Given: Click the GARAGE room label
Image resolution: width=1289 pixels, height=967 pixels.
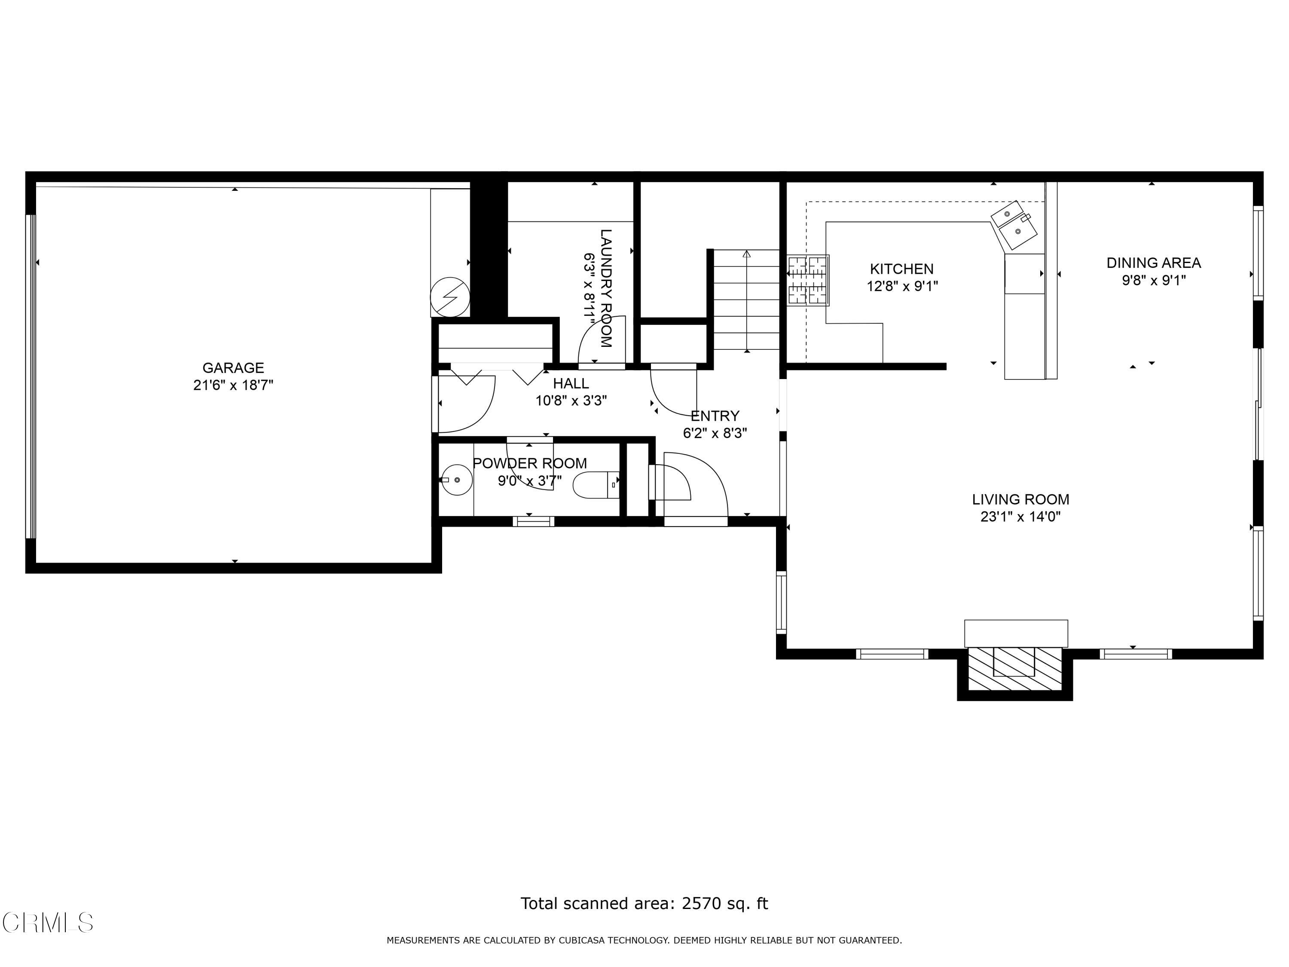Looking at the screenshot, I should pos(233,368).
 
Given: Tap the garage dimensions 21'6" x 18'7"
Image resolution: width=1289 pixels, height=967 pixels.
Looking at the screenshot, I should pos(233,385).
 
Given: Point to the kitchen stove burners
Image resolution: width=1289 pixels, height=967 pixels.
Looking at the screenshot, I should pos(808,280).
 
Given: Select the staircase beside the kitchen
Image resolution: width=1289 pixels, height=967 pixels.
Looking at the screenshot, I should pos(746,300).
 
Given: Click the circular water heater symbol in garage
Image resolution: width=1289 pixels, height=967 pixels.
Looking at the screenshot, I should pos(450,297).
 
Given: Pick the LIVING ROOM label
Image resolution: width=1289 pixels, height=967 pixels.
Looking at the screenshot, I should pos(1020,499).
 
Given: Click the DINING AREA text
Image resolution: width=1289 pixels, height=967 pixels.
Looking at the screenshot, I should pos(1153,263).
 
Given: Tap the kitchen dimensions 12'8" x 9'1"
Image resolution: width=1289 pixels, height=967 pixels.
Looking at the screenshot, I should pos(902,286).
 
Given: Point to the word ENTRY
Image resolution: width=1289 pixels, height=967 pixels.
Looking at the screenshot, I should pos(715,416).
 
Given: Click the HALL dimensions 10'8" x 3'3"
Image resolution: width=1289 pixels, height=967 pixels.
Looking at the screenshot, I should pos(571,401).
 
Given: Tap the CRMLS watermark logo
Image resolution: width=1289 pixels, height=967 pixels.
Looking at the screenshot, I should pos(47,923).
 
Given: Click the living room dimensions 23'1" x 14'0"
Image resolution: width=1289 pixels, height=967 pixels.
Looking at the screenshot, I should pos(1020,517).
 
